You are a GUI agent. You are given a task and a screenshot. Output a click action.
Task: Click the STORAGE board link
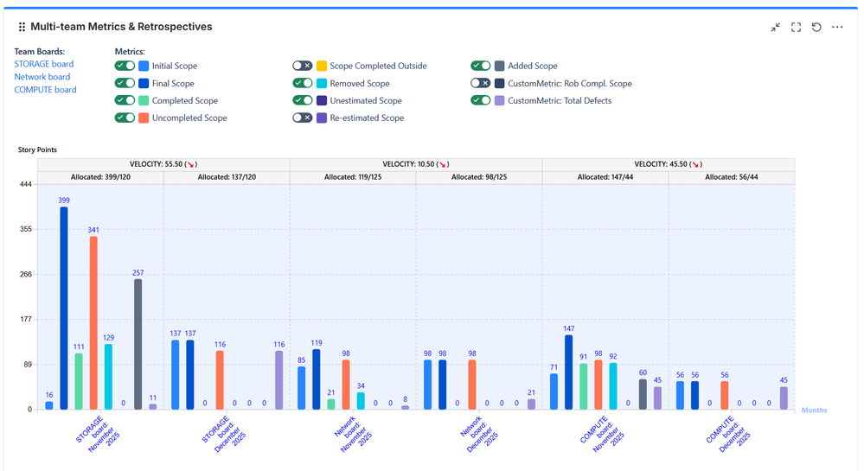[x=43, y=64]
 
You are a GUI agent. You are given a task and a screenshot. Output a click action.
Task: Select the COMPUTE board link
[x=45, y=90]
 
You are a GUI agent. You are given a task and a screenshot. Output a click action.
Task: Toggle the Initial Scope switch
[x=125, y=66]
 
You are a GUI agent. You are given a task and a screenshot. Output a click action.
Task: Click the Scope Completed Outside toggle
[x=302, y=66]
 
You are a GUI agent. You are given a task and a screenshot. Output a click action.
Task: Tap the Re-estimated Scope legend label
[x=367, y=118]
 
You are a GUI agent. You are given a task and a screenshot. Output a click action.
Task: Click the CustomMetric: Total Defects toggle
[x=481, y=100]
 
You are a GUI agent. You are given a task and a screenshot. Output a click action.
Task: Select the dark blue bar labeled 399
[x=64, y=308]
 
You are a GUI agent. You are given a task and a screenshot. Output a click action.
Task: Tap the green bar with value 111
[x=79, y=381]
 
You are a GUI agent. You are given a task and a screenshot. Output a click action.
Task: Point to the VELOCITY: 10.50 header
[x=416, y=164]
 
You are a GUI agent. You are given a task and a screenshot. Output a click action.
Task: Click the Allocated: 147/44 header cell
[x=605, y=177]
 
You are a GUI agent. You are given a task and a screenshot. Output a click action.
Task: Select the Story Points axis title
[x=38, y=150]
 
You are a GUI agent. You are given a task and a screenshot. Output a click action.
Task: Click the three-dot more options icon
[x=837, y=27]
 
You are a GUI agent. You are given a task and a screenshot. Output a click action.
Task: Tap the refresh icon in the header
[x=816, y=27]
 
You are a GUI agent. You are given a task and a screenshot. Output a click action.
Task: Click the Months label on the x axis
[x=814, y=411]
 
